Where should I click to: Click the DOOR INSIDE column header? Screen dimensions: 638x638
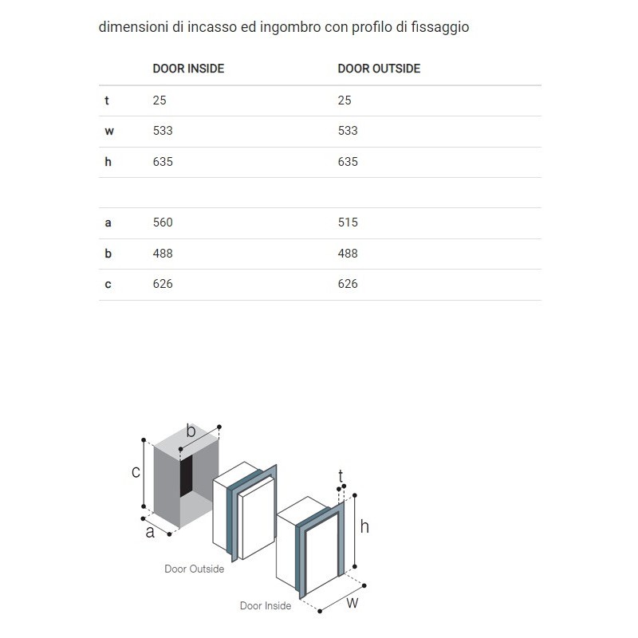(x=188, y=69)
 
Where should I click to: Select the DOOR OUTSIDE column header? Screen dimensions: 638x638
(x=379, y=69)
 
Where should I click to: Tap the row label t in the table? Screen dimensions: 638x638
(x=106, y=100)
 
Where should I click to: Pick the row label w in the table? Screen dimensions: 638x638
(x=109, y=131)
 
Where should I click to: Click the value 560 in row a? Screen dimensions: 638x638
(x=163, y=223)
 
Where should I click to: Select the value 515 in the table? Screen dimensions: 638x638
(x=348, y=223)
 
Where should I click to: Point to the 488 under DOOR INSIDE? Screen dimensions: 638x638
(x=163, y=254)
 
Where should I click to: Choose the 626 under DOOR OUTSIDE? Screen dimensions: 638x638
(x=348, y=284)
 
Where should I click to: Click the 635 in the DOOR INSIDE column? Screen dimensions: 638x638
(x=163, y=162)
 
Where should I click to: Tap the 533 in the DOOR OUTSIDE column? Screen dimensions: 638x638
(x=348, y=131)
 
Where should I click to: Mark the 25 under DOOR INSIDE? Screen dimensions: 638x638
(x=159, y=100)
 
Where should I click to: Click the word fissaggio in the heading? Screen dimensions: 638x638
(x=441, y=27)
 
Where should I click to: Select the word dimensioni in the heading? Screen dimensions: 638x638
(x=130, y=27)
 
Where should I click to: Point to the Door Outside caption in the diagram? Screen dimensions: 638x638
(x=194, y=569)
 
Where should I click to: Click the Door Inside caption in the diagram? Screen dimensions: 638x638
(x=266, y=606)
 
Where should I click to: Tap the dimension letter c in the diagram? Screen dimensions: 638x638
(x=136, y=472)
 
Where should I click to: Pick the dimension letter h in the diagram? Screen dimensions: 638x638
(x=364, y=526)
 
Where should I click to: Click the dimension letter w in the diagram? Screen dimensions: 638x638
(x=352, y=604)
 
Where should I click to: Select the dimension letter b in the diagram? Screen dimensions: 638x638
(x=191, y=431)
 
